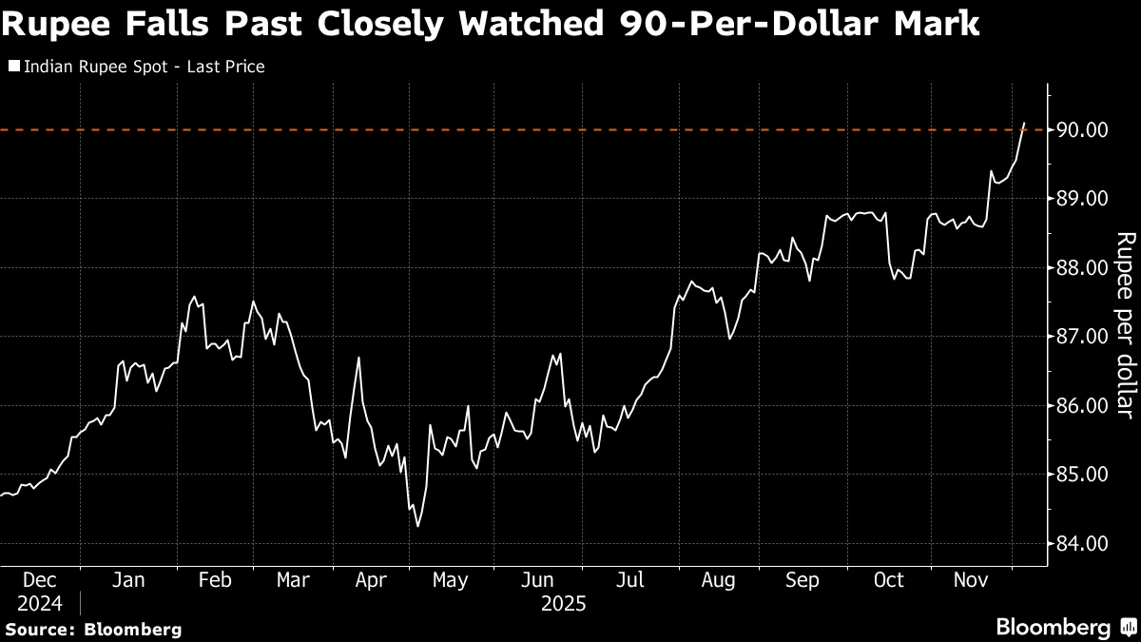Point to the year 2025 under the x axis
(563, 604)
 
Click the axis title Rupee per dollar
(1124, 324)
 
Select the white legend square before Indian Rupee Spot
(12, 67)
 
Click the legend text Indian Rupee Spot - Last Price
(144, 67)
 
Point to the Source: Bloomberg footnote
(93, 629)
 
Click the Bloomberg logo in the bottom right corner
(1065, 628)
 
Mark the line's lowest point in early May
(417, 525)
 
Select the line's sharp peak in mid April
(358, 358)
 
